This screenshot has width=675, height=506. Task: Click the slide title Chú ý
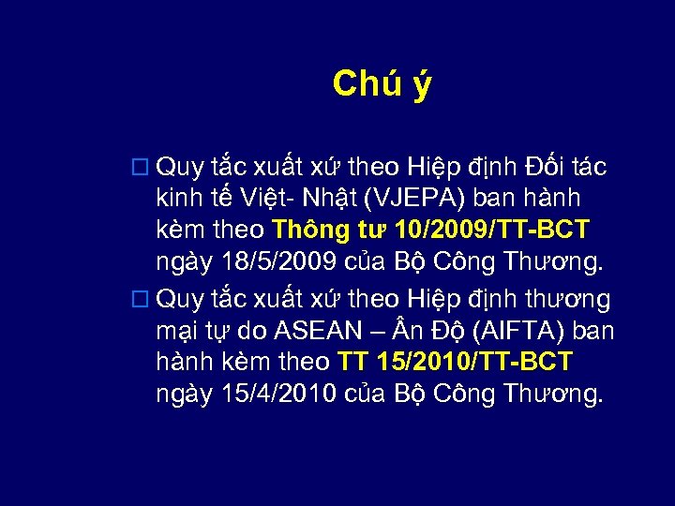[x=382, y=85]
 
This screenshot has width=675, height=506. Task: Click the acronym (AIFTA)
[x=512, y=331]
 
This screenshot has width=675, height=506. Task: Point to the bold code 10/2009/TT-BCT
[x=493, y=230]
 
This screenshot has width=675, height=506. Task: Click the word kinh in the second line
[x=177, y=199]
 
